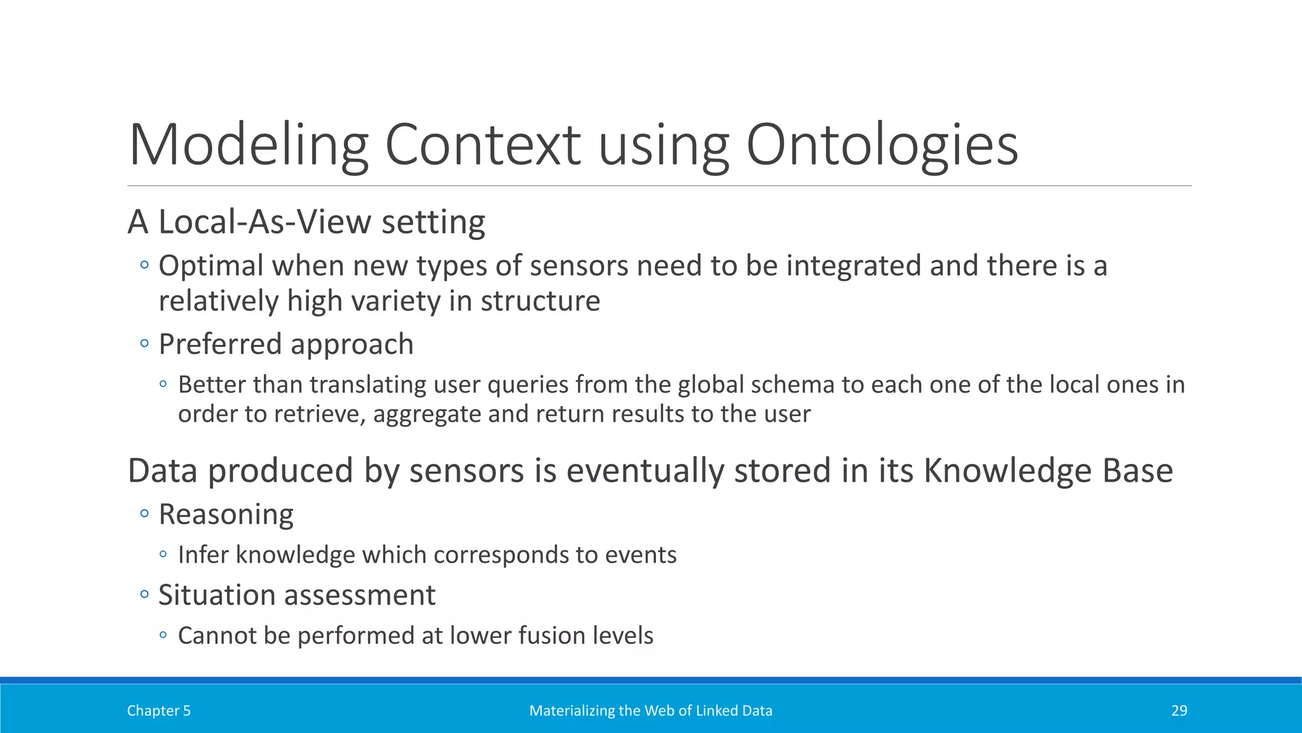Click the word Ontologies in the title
881,145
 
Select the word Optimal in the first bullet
210,265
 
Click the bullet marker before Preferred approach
144,344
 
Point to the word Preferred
219,344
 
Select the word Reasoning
226,514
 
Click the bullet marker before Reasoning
144,513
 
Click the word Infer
202,555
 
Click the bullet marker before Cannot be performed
163,635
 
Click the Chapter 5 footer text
158,711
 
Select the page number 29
1179,711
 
